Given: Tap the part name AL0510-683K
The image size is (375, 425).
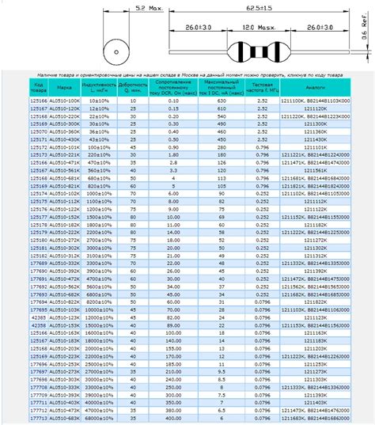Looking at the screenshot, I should click(65, 419).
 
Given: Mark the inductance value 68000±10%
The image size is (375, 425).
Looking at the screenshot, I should click(99, 419).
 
